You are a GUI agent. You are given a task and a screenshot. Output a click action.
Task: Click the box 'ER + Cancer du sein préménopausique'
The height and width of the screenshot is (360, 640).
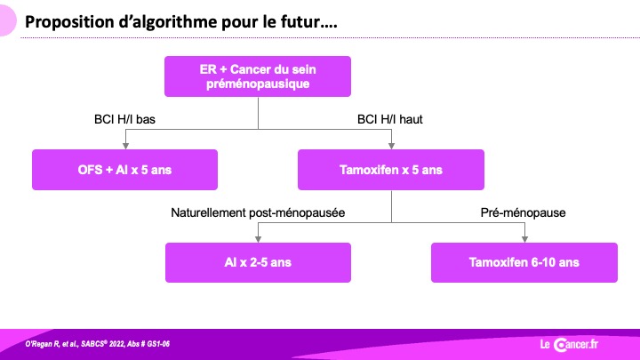pos(258,76)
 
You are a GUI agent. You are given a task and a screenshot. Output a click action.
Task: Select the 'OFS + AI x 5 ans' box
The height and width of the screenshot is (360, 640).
pos(125,170)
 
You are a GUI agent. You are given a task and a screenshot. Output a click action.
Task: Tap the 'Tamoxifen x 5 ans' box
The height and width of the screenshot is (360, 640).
pos(391,170)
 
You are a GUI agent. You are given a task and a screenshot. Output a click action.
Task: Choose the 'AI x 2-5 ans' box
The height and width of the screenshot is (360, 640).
pos(258,262)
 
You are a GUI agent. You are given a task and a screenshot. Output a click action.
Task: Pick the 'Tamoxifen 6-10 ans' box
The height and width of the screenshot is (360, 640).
pos(524,262)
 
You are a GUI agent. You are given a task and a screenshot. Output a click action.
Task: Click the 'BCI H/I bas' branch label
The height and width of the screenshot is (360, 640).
pos(125,119)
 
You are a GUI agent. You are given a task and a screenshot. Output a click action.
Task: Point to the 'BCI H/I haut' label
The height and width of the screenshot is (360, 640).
pos(390,119)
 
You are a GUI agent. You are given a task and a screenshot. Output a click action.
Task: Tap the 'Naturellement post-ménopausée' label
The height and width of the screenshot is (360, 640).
pos(258,212)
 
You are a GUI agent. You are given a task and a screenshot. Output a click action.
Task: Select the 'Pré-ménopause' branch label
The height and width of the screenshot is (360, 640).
pos(524,212)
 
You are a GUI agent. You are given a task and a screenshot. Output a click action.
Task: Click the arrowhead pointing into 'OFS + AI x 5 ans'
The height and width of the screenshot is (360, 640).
pos(125,146)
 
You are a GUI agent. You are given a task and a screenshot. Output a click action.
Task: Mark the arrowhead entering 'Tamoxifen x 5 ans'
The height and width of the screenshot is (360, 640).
pos(391,146)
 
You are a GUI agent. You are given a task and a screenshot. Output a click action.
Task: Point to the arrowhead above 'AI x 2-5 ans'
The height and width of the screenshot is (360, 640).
pos(258,240)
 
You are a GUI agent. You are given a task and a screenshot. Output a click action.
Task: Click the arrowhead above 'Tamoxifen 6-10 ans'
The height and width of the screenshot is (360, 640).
pos(525,240)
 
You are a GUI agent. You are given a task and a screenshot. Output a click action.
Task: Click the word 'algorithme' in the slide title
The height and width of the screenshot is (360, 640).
pos(167,22)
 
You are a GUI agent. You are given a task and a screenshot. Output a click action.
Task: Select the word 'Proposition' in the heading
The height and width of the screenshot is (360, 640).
pos(69,22)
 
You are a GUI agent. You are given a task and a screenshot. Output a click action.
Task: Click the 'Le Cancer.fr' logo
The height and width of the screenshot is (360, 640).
pos(569,345)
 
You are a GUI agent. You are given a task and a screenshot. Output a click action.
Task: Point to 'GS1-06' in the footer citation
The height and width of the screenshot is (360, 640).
pos(158,344)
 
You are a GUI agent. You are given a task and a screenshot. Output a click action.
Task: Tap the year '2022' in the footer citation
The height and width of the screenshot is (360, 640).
pos(116,344)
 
